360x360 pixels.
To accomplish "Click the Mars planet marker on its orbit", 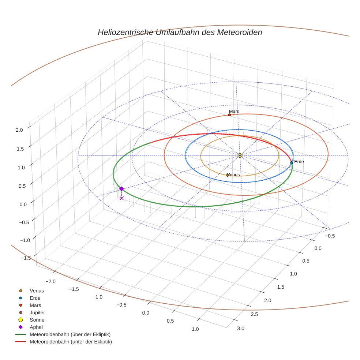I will [229, 115].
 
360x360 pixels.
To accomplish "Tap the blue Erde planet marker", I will [292, 162].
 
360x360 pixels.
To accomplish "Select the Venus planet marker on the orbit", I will [227, 175].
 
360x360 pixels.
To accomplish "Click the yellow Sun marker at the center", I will [240, 155].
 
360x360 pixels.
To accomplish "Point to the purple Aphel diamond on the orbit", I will [121, 189].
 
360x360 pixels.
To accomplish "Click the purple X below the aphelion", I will [121, 198].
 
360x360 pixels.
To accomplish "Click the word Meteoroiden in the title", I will [240, 32].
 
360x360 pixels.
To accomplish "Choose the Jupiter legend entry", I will [37, 312].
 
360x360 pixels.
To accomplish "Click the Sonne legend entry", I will [37, 320].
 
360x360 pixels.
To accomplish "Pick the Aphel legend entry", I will [36, 327].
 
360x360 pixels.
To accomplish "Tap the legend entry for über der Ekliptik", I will [70, 334].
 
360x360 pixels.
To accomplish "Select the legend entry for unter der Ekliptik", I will [71, 342].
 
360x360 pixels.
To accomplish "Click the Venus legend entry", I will [37, 291].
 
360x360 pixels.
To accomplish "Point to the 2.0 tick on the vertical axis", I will [19, 130].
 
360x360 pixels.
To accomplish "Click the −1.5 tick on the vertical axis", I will [26, 258].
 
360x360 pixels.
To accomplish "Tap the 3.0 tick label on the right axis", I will [241, 328].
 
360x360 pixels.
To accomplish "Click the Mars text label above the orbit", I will [234, 111].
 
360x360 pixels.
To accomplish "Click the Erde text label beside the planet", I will [299, 161].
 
